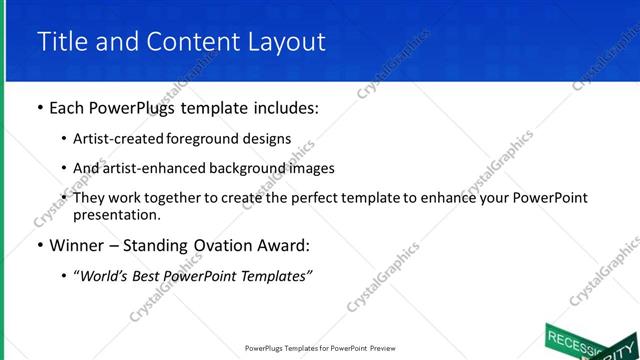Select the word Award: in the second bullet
click(289, 245)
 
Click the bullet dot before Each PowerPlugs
click(39, 108)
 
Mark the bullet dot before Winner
click(39, 245)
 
